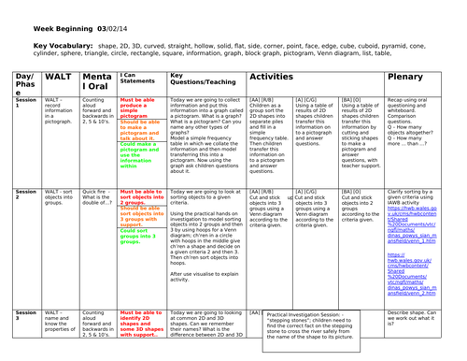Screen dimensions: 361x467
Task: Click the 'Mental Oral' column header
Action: click(94, 84)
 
